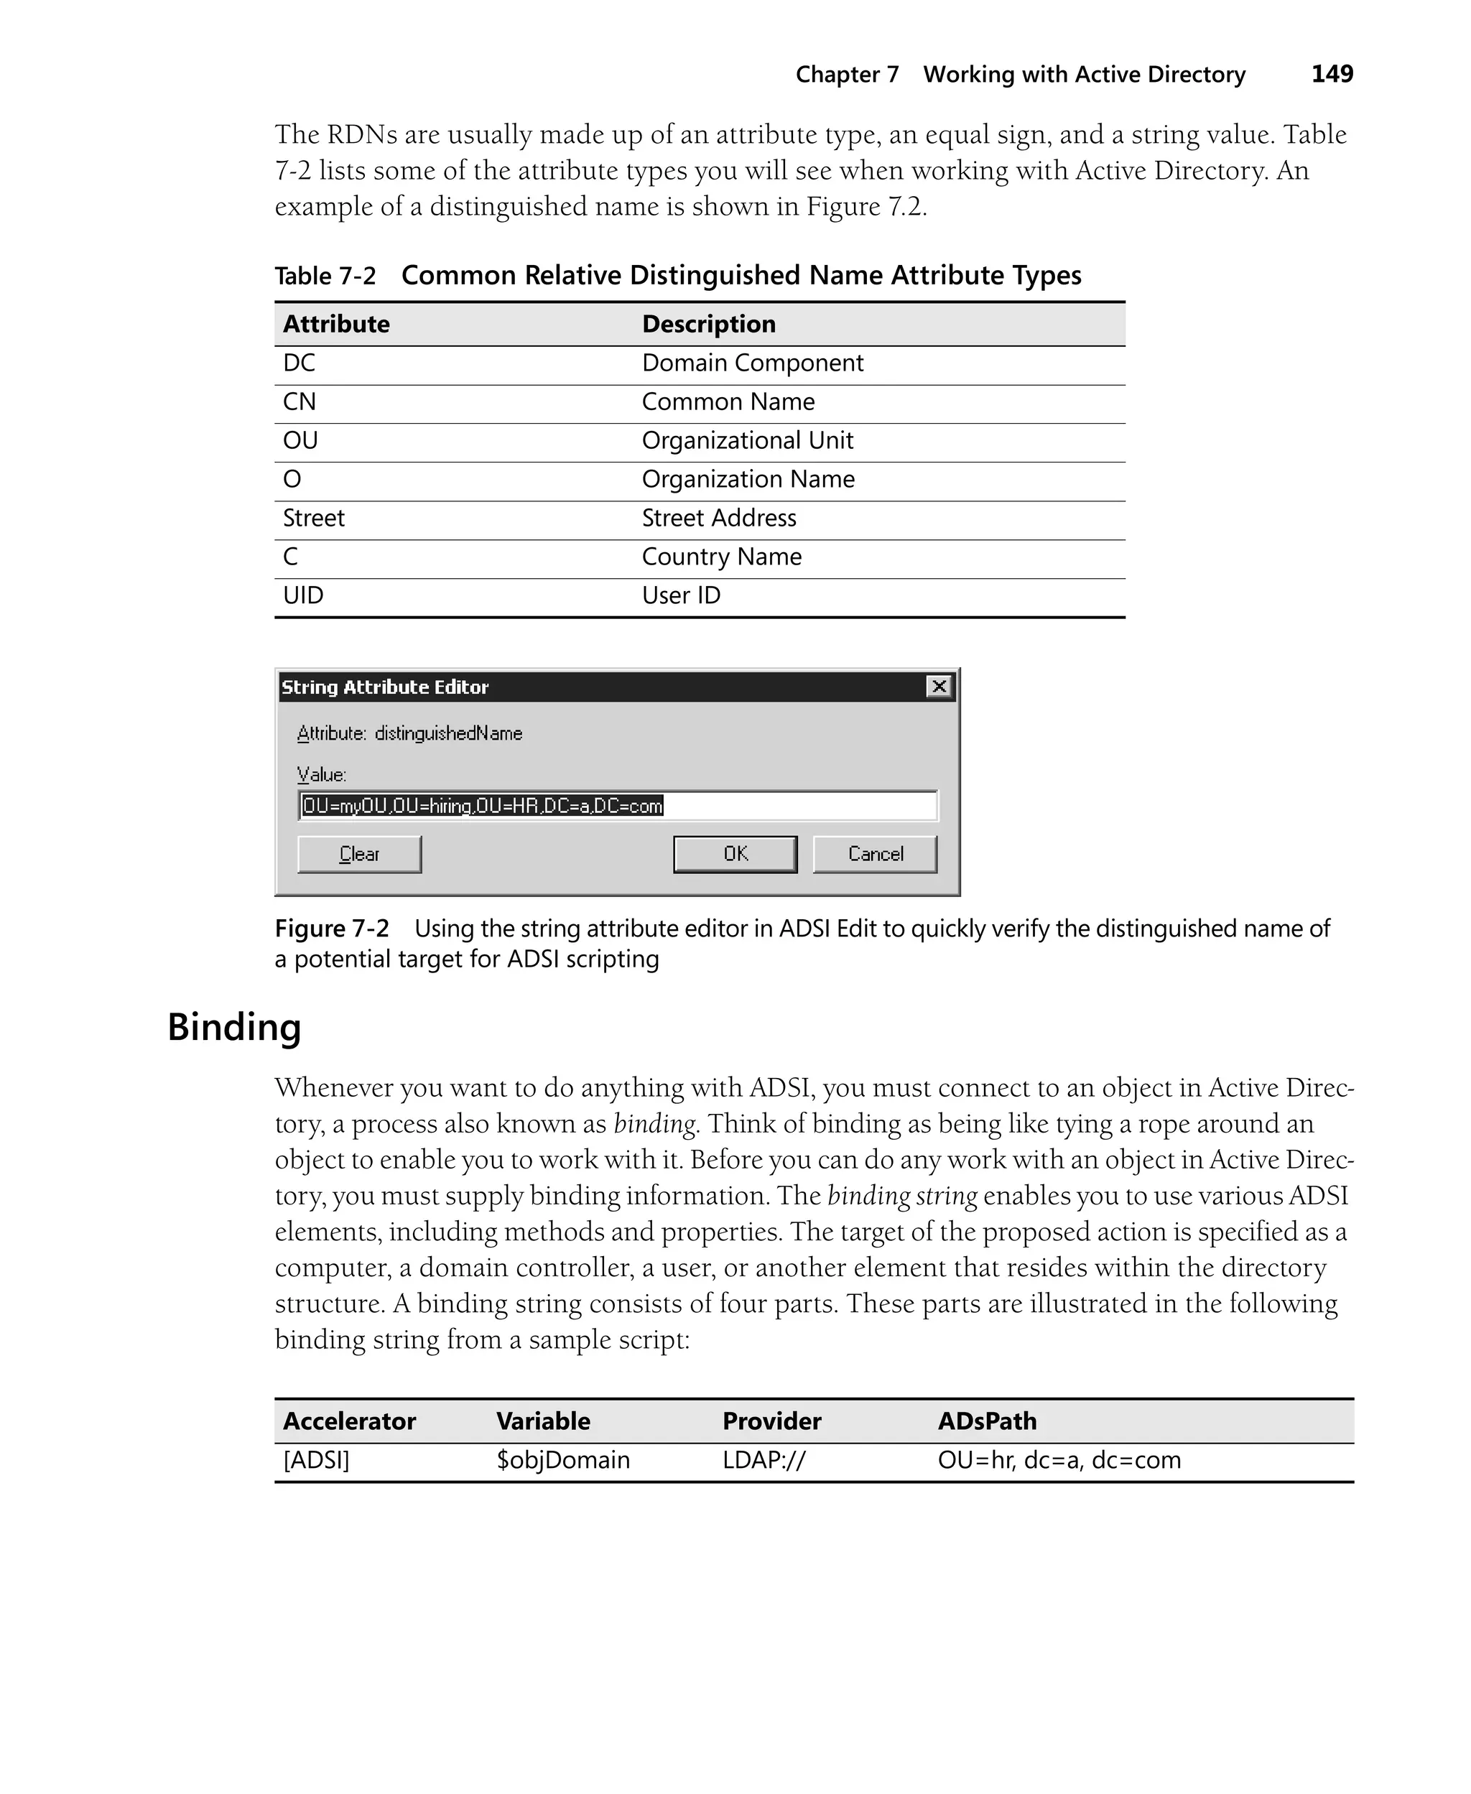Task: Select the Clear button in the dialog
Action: tap(359, 854)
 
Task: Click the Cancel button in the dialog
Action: tap(876, 854)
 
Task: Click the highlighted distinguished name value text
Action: tap(482, 806)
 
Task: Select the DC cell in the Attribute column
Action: tap(299, 363)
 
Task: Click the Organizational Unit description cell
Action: tap(748, 440)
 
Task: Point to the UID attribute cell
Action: tap(303, 595)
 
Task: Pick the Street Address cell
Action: tap(718, 519)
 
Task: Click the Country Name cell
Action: tap(721, 557)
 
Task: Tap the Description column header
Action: tap(708, 325)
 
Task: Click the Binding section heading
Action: tap(234, 1026)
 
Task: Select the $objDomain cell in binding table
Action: tap(562, 1459)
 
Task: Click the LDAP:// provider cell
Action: tap(764, 1459)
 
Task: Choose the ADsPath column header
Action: tap(986, 1421)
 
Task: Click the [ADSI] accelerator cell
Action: tap(316, 1459)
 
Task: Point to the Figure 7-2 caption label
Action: tap(331, 929)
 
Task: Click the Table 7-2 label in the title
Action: tap(325, 276)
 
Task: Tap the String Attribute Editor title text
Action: tap(385, 687)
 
